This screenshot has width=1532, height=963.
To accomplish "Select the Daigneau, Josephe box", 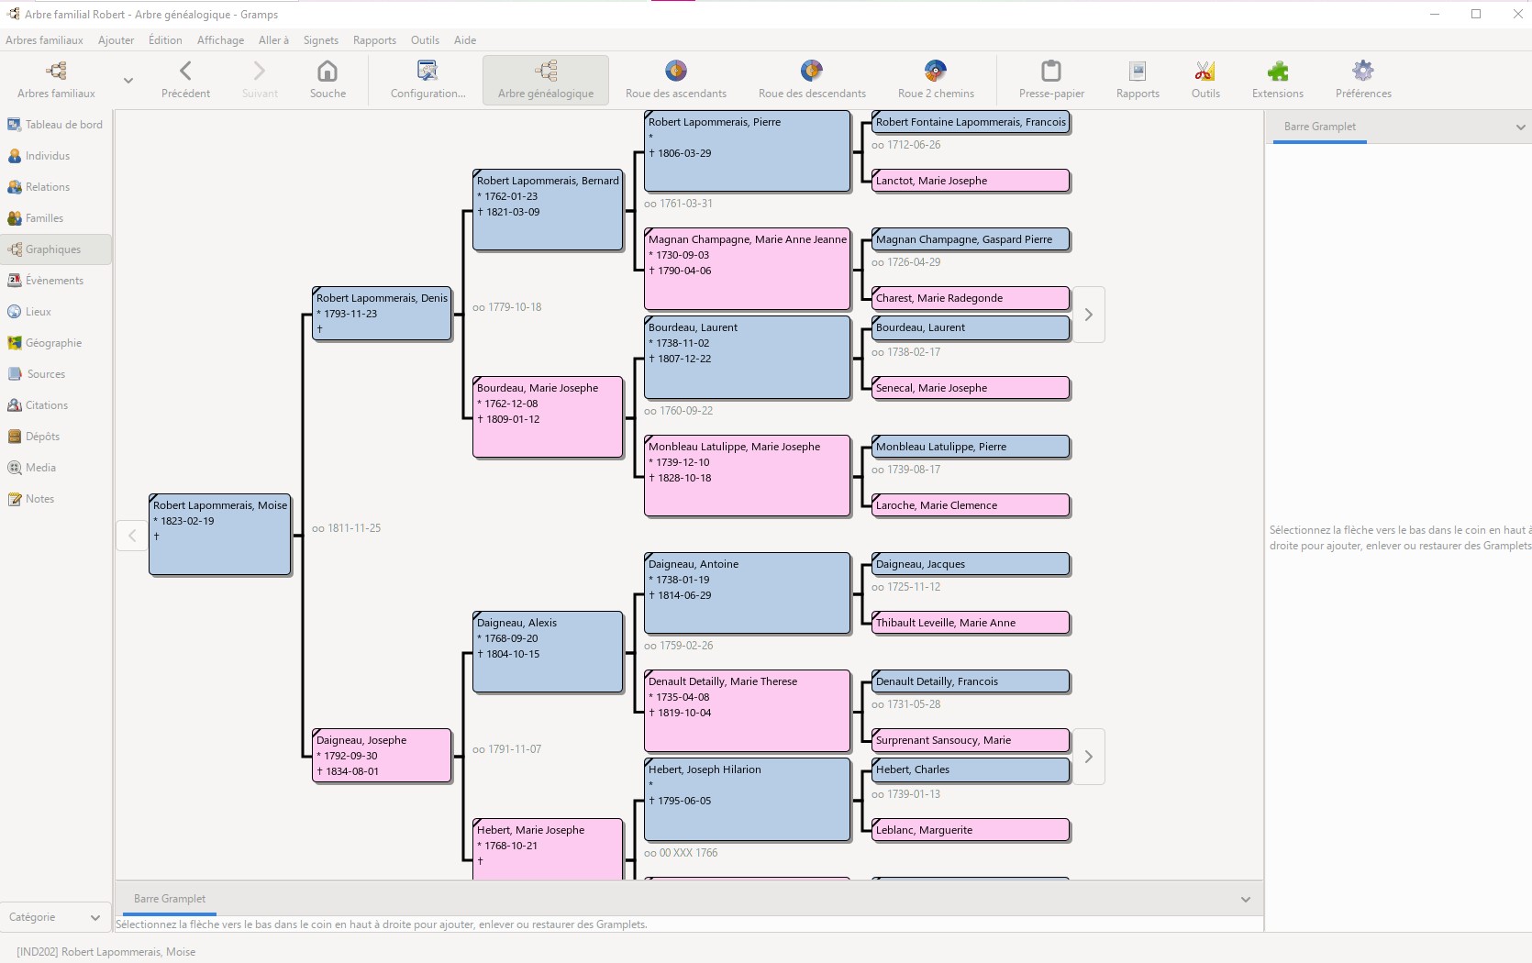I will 382,756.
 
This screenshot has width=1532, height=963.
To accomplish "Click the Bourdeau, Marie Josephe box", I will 548,416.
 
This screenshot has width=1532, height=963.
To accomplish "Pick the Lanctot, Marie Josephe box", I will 971,181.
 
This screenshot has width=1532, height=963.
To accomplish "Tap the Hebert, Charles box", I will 971,769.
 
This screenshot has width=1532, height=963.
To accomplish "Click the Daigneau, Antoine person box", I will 747,592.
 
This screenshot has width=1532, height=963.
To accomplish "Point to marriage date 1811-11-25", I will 347,528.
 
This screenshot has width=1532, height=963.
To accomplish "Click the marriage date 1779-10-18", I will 507,307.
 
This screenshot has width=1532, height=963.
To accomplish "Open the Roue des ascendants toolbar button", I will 676,79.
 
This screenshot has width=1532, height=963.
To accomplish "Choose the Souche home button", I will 327,79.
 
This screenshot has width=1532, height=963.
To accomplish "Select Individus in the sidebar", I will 48,156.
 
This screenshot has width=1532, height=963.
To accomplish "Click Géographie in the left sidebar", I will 53,343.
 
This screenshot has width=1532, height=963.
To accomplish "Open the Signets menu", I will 321,40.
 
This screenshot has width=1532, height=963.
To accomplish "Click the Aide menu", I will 465,40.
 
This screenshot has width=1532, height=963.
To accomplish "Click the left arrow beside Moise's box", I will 132,536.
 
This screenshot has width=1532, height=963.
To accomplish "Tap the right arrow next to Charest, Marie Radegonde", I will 1089,315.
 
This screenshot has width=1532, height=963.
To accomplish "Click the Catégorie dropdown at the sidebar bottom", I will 55,917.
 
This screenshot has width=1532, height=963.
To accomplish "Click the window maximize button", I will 1476,14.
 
